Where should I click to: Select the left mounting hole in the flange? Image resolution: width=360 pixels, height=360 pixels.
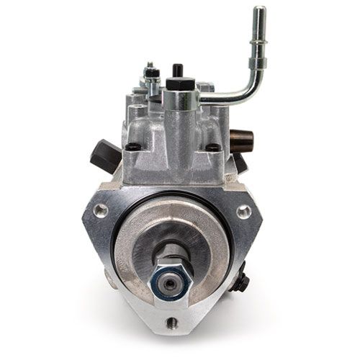[99, 210]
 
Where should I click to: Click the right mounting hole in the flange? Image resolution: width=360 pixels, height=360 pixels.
[245, 212]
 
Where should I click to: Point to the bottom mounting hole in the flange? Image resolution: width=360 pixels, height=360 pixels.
[172, 340]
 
